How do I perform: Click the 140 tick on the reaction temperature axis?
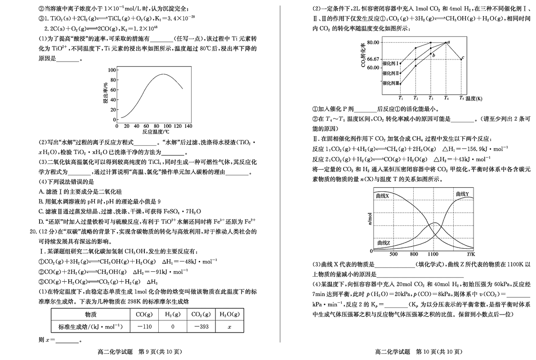188,126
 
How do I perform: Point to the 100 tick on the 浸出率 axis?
112,70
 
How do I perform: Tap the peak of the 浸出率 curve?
164,74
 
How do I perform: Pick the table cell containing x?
229,326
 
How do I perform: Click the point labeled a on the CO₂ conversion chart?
446,42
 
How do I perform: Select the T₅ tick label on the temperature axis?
462,98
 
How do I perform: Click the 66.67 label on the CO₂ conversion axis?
373,59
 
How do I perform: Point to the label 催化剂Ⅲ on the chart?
390,83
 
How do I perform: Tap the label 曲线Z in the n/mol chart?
383,243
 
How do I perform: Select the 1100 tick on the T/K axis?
433,254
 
